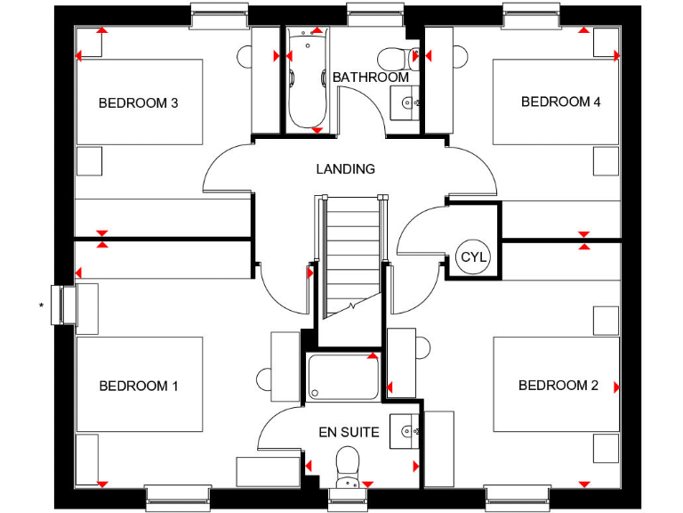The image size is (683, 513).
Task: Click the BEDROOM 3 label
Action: [x=138, y=103]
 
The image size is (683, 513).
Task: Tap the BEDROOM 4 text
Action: [x=560, y=102]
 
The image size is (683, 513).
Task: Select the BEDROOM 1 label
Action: [x=139, y=387]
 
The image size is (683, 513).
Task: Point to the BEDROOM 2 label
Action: [x=558, y=386]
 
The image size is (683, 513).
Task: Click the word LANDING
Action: [x=346, y=168]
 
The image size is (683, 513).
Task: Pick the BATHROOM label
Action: [x=371, y=77]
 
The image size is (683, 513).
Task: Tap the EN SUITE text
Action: [x=350, y=433]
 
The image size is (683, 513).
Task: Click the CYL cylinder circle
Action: [x=473, y=257]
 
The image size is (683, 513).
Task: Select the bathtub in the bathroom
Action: [x=308, y=80]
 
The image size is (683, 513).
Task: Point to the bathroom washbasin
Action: [x=407, y=102]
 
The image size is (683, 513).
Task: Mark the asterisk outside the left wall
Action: [x=41, y=307]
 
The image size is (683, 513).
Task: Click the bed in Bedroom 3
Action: [x=141, y=102]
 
